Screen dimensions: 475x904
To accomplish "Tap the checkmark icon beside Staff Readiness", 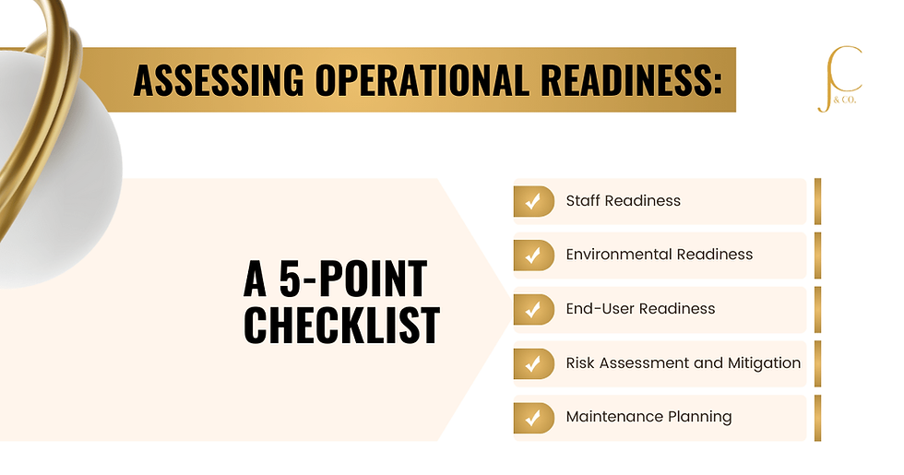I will (533, 201).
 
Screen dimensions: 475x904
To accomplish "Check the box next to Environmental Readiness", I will (533, 255).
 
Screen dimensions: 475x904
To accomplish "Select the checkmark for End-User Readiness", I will (533, 309).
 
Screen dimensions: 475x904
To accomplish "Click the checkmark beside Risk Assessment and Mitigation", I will (533, 363).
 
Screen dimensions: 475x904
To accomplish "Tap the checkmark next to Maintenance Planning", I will (533, 417).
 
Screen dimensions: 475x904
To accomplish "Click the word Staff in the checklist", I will (583, 200).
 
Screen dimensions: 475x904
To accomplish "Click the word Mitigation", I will (765, 362).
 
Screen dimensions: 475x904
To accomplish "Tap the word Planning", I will (698, 418).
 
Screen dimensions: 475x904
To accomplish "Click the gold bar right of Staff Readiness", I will (817, 201).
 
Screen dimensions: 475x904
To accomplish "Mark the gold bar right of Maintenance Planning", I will (817, 418).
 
